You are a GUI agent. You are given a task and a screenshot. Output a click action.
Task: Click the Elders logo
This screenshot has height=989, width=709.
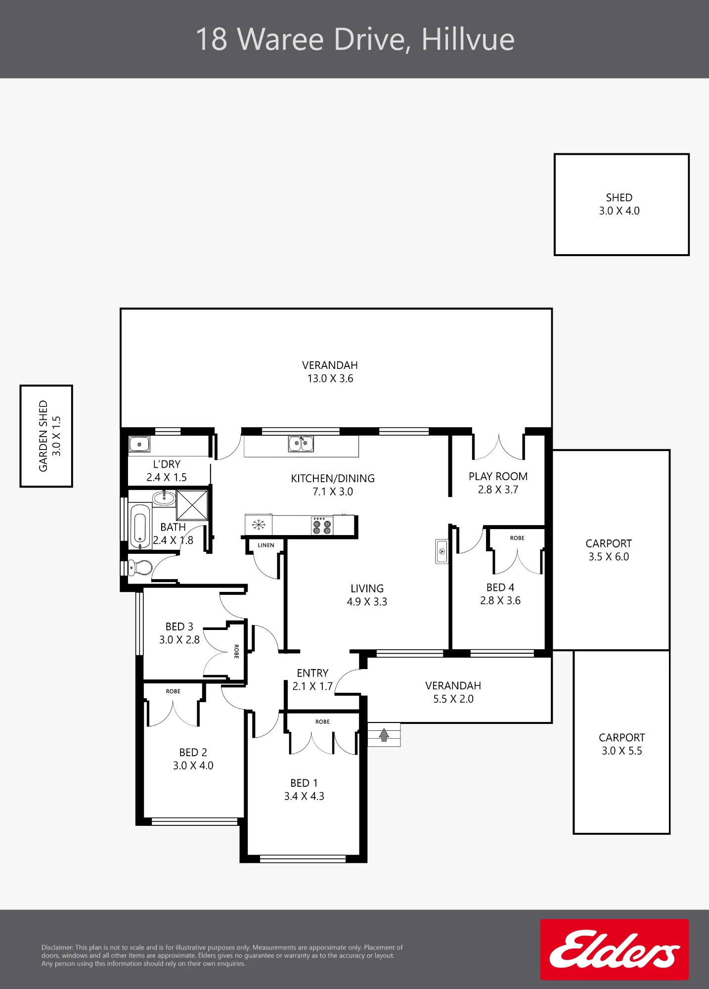(x=614, y=949)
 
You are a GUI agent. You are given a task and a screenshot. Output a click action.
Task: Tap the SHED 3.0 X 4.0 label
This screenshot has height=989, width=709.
(x=619, y=204)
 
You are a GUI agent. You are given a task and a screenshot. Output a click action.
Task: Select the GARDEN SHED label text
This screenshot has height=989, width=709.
(x=44, y=436)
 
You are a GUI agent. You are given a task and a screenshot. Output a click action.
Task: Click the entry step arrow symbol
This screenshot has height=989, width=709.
(x=384, y=735)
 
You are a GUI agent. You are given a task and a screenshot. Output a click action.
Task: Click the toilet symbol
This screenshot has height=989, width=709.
(x=140, y=567)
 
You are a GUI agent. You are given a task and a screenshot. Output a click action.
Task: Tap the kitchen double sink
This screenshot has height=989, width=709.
(x=301, y=444)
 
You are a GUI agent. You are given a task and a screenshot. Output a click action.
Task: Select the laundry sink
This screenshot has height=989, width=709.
(x=139, y=444)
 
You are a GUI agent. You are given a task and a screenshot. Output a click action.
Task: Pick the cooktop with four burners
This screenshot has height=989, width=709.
(x=322, y=526)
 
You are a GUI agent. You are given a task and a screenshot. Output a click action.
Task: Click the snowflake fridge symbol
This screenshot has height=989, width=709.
(x=259, y=525)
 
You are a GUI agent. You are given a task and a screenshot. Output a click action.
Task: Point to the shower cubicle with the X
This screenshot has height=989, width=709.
(x=192, y=505)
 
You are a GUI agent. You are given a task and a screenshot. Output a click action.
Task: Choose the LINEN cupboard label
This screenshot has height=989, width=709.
(x=266, y=545)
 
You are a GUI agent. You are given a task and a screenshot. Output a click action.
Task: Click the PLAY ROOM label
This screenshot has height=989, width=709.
(x=498, y=476)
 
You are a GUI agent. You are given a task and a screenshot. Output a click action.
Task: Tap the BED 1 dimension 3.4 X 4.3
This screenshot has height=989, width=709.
(x=304, y=796)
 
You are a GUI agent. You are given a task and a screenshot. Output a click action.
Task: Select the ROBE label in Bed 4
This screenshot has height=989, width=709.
(x=517, y=538)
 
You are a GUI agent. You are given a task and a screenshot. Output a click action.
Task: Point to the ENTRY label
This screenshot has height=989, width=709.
(x=312, y=673)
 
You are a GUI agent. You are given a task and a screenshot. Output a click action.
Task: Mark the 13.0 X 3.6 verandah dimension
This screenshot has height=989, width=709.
(x=330, y=378)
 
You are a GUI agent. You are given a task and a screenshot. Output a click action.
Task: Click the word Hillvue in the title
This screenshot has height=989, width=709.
(x=468, y=40)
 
